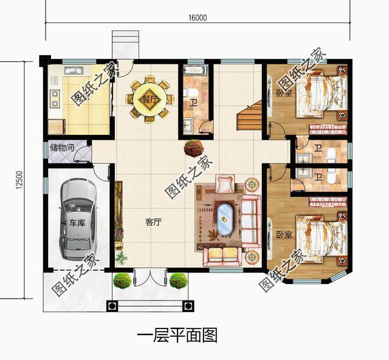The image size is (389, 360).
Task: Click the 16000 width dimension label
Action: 198,18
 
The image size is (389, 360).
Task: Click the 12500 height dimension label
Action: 19,180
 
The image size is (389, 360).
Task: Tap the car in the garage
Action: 78,219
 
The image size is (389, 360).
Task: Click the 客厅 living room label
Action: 153,222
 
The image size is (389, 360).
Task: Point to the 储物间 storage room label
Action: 62,148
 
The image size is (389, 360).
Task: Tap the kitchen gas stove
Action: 55,98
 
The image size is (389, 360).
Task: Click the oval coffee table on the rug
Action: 225,219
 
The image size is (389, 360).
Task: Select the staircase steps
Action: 249,115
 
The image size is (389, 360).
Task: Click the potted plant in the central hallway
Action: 194,148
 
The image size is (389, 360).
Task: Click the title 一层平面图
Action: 177,335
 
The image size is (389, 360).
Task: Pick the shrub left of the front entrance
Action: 122,281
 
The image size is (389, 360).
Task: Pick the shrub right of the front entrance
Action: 178,281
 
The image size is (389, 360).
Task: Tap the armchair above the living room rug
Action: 225,183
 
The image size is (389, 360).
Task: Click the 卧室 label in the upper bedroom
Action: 284,93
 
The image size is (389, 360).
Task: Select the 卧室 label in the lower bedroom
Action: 284,234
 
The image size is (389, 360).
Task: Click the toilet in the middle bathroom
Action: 190,93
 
